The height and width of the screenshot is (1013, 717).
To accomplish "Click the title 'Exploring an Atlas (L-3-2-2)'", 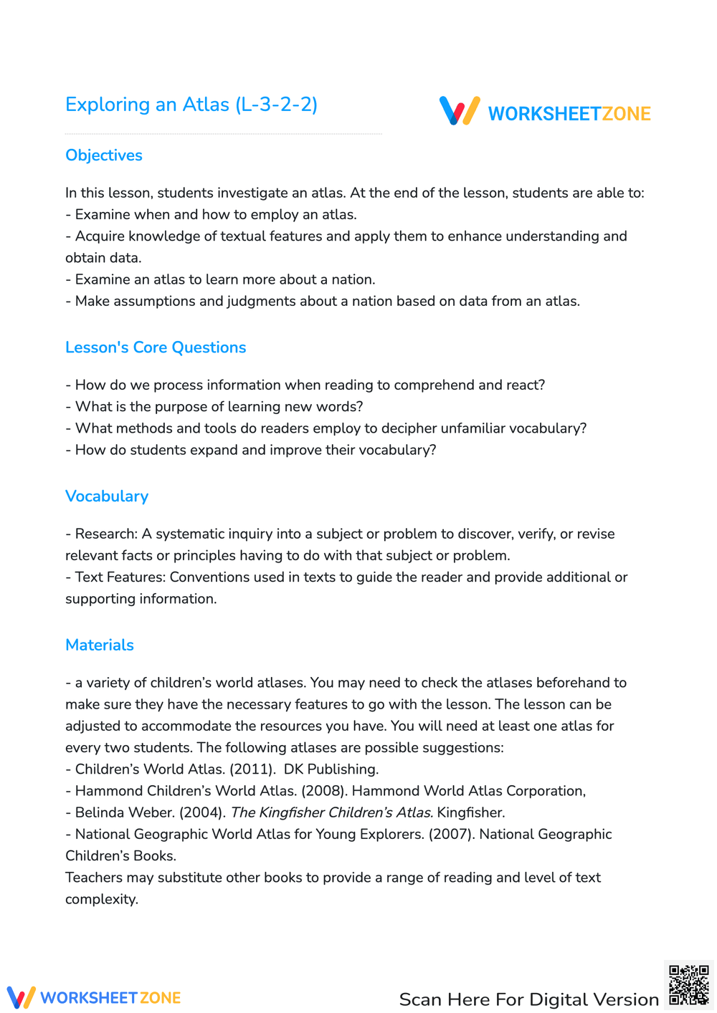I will point(191,105).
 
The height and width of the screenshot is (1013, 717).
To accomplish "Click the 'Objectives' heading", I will point(104,155).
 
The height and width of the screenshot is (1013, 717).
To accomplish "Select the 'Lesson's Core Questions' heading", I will point(156,347).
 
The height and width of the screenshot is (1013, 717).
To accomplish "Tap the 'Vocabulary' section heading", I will point(107,496).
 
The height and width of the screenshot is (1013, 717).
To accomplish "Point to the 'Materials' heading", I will point(100,645).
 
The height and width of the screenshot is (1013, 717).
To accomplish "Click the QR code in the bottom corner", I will point(688,985).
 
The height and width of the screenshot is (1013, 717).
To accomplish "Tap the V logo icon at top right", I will point(460,111).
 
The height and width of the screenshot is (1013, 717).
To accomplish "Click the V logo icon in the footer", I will point(21,997).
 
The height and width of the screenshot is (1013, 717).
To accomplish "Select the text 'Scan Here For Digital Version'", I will point(528,999).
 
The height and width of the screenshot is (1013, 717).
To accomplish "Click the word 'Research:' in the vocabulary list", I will point(106,534).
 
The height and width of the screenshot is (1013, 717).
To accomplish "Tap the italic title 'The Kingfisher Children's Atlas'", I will point(331,812).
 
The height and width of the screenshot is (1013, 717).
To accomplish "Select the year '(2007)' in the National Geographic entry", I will point(452,834).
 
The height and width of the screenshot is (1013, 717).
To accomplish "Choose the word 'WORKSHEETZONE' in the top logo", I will point(569,114).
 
